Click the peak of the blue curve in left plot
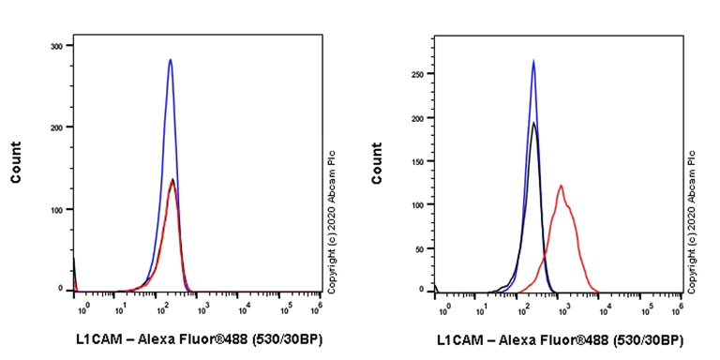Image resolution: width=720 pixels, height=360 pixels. (170, 60)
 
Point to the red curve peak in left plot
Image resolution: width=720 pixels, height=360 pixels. (172, 180)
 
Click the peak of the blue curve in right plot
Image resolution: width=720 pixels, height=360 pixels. (533, 62)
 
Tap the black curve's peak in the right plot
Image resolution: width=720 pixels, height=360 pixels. (533, 123)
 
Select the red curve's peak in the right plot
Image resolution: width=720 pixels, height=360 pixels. (561, 186)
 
